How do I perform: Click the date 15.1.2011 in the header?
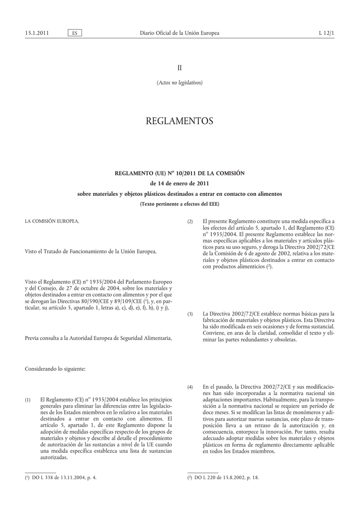coord(37,33)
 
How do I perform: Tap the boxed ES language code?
coord(75,33)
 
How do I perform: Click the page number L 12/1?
coord(326,33)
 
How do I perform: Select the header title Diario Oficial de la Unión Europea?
coord(180,33)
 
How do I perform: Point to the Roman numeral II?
coord(180,67)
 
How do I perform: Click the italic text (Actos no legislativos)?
coord(180,83)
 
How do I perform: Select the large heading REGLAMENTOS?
coord(180,121)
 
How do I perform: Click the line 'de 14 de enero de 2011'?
coord(180,183)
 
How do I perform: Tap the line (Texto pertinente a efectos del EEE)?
coord(180,204)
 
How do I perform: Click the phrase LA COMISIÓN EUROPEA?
coord(52,221)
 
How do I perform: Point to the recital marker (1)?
coord(28,399)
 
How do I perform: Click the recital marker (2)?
coord(190,221)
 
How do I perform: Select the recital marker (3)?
coord(190,314)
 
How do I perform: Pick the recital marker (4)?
coord(190,387)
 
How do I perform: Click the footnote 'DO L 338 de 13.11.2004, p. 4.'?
coord(61,478)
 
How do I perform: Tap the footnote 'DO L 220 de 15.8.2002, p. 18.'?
coord(223,478)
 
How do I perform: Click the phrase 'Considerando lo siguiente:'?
coord(55,369)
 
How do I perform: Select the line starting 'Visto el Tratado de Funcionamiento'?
coord(90,252)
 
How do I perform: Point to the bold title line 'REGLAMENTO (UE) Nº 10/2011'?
coord(180,173)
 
